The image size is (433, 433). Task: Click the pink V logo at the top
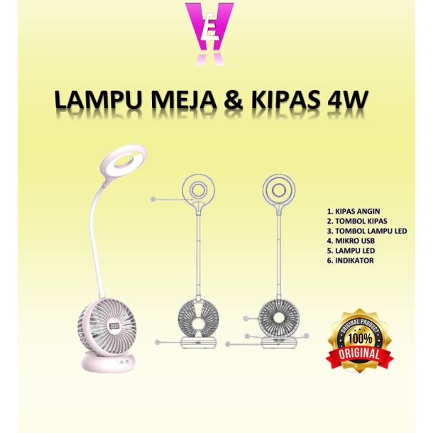point(209,33)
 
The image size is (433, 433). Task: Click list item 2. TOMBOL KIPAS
point(358,221)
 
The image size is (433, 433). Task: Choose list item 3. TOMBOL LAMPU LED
point(366,231)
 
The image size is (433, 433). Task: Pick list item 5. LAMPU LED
point(351,251)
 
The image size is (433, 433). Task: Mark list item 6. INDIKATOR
point(351,261)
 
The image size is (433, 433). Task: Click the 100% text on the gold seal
point(358,338)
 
